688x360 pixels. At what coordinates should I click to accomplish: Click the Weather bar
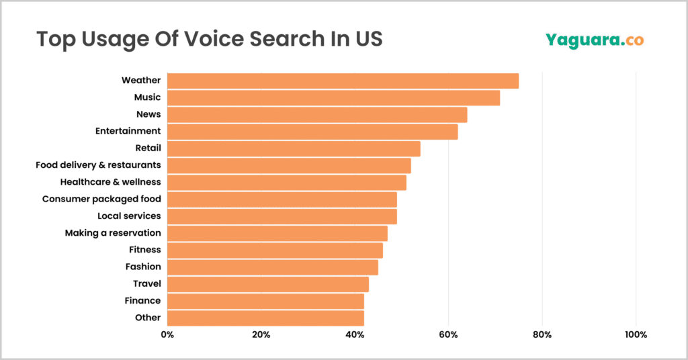tap(343, 81)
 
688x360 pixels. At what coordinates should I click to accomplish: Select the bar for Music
tap(333, 97)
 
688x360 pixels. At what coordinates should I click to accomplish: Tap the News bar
tap(317, 114)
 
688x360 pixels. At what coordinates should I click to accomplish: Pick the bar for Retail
tap(294, 148)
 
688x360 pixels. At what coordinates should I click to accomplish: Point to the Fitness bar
tap(275, 250)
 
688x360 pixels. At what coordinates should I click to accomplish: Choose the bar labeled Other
tap(265, 318)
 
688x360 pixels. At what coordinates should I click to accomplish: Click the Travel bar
tap(268, 283)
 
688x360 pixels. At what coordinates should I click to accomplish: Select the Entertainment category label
tap(128, 131)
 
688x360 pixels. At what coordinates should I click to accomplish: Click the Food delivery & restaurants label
tap(98, 165)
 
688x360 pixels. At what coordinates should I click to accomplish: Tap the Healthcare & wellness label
tap(110, 182)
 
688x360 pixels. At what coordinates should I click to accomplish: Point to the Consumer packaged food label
tap(101, 199)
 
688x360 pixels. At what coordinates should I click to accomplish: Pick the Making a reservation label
tap(113, 233)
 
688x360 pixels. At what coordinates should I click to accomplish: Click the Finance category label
tap(142, 300)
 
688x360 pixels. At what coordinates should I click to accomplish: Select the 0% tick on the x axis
tap(167, 334)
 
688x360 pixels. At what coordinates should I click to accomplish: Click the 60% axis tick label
tap(448, 334)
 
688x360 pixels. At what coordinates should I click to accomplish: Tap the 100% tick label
tap(636, 334)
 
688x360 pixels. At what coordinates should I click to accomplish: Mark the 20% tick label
tap(261, 334)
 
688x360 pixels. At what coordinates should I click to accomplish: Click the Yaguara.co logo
tap(594, 40)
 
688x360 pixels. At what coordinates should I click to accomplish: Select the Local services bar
tap(282, 216)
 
